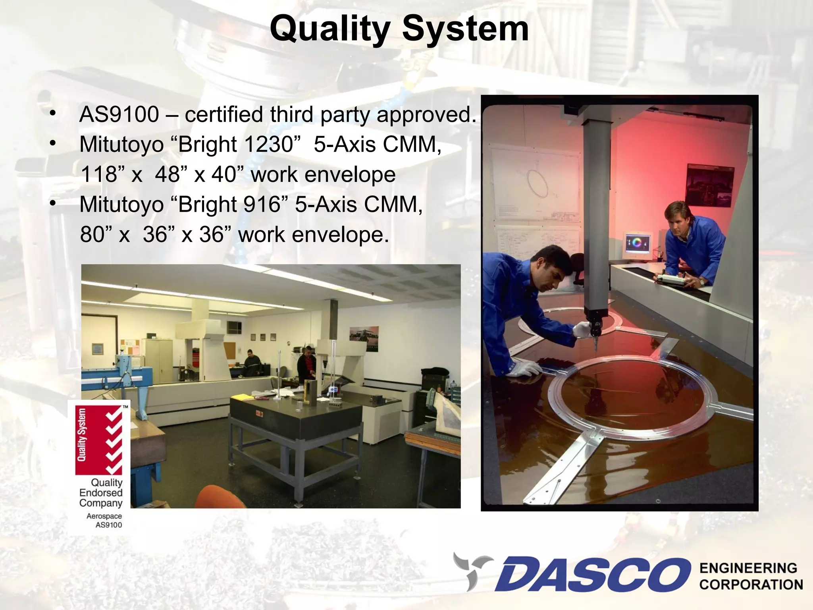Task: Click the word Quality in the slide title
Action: [330, 29]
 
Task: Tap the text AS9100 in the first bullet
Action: [119, 114]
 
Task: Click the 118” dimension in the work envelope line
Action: [102, 174]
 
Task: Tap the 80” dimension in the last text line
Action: [95, 235]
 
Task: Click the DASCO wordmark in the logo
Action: [591, 575]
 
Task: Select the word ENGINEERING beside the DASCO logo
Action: [748, 568]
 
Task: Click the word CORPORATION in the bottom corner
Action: [751, 585]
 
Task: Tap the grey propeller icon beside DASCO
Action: [472, 570]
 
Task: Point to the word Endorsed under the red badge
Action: [101, 493]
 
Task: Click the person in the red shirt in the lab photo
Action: [306, 365]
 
